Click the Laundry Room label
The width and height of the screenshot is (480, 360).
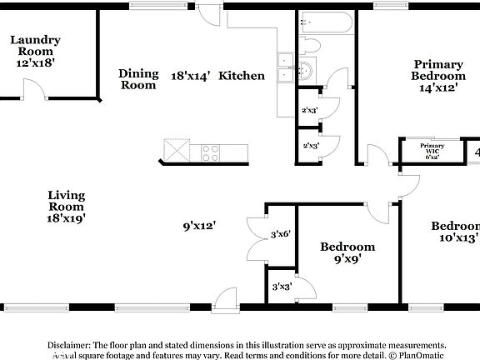(35, 51)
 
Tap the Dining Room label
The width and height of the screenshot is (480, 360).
(137, 78)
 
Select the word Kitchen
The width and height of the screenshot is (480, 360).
(242, 76)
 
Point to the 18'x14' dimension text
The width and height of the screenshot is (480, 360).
(191, 76)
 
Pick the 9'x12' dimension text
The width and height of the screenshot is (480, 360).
(200, 225)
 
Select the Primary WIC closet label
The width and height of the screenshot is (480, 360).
(432, 151)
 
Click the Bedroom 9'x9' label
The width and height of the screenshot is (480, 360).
(347, 252)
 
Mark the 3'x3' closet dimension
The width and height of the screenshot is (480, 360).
(281, 287)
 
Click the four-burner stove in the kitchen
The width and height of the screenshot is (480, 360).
(210, 152)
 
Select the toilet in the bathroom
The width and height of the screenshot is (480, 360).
(309, 45)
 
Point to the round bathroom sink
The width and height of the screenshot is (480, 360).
(306, 72)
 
